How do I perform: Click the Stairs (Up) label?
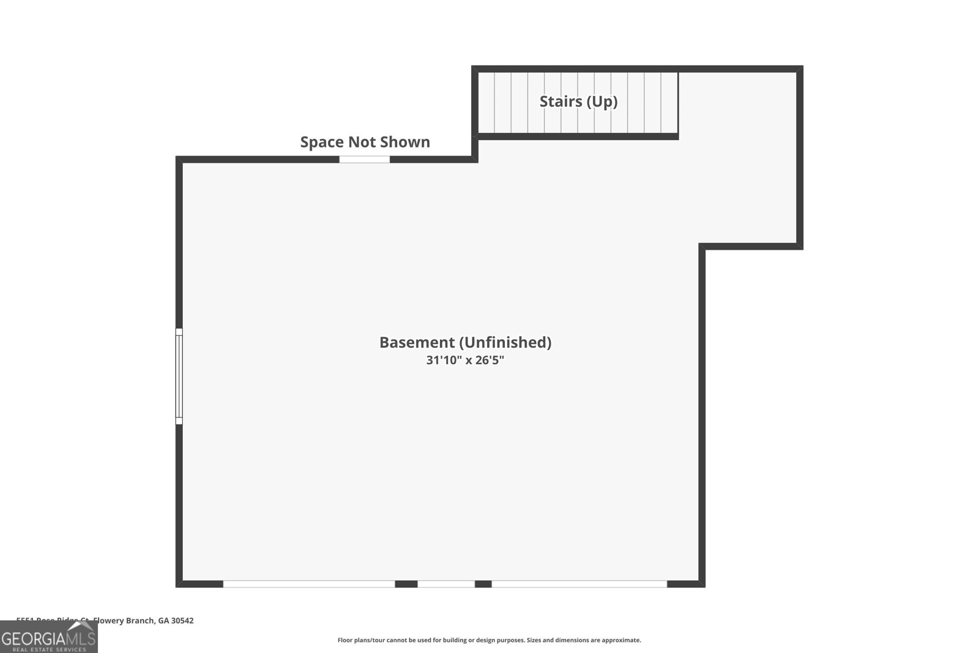pos(578,102)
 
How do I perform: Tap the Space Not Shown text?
pos(365,142)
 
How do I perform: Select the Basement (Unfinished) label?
pos(465,342)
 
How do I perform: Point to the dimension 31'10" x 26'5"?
pos(465,360)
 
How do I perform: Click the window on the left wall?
pos(179,376)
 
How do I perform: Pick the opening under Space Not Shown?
pos(365,160)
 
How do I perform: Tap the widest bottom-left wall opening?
pos(309,584)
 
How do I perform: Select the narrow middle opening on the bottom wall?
pos(446,584)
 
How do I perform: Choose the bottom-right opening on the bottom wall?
pos(579,584)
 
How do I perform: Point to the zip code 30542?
pos(182,621)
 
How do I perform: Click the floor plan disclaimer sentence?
pos(489,640)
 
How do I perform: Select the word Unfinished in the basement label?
pos(505,342)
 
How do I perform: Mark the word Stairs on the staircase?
pos(560,102)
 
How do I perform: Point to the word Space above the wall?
pos(321,142)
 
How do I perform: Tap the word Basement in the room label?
pos(417,342)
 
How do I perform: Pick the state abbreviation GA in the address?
pos(163,621)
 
